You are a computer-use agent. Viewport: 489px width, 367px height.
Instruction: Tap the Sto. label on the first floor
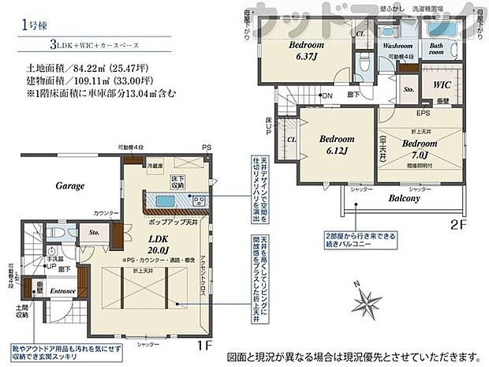pos(95,233)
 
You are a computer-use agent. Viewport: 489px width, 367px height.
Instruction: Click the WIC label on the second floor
pos(442,84)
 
